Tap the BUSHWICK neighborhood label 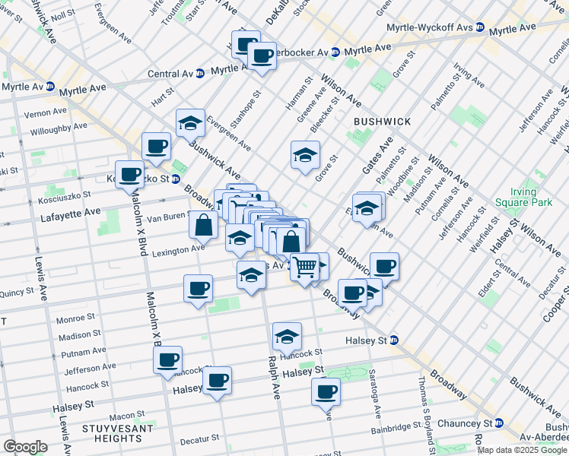tap(382, 122)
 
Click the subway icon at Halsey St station tap(394, 340)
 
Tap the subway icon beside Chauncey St tap(498, 423)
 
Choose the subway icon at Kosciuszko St tap(175, 179)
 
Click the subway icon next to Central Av tap(199, 74)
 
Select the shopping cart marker tap(304, 267)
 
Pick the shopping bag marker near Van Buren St tap(204, 225)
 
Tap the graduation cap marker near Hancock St tap(287, 336)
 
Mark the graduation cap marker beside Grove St tap(305, 156)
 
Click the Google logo tap(25, 447)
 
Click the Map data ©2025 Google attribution tap(522, 449)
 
